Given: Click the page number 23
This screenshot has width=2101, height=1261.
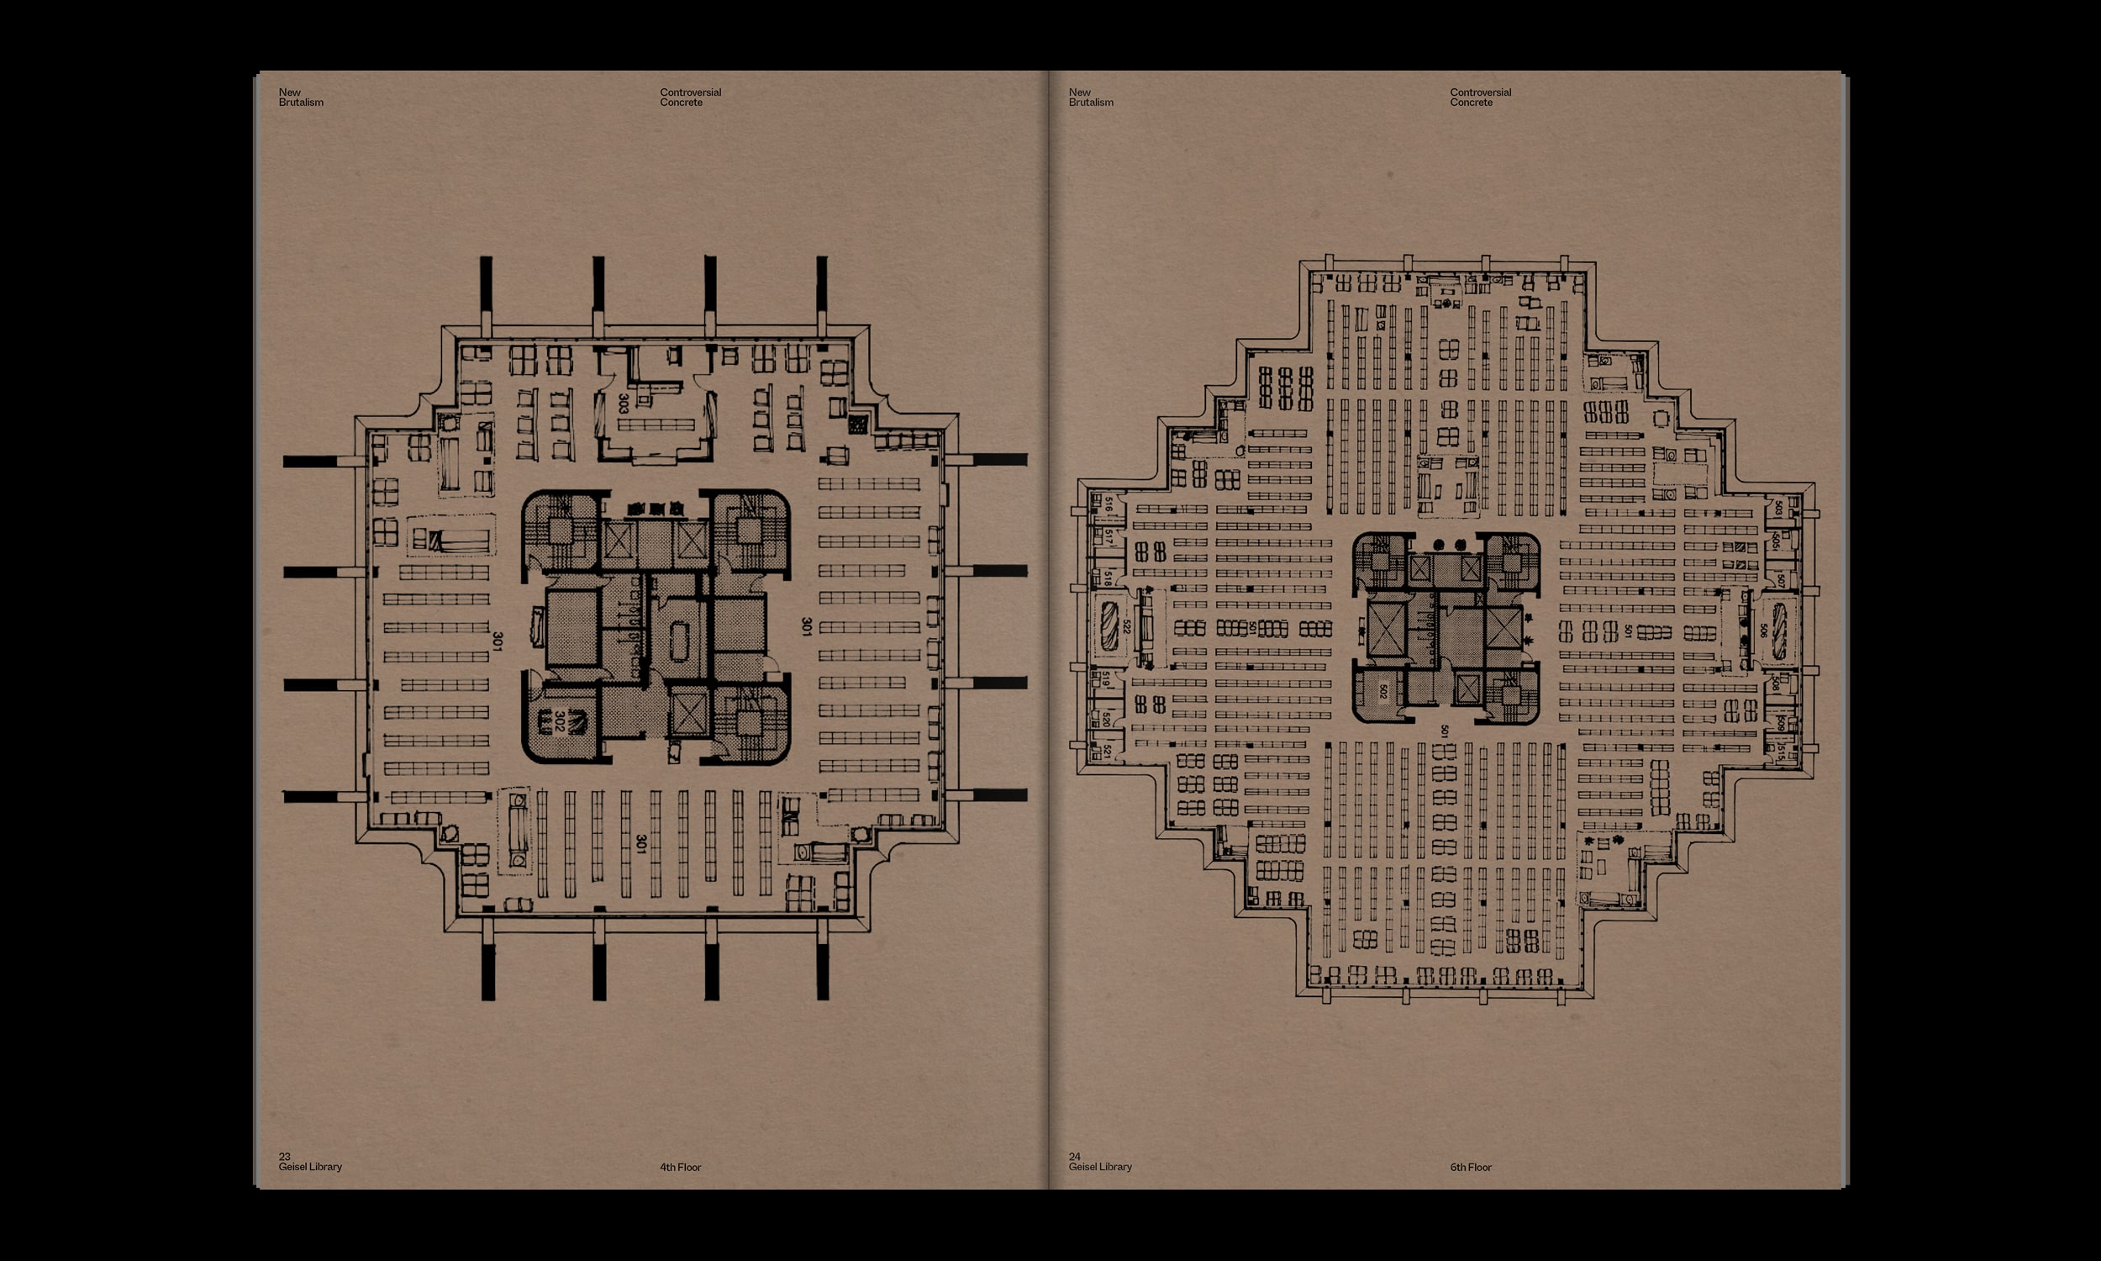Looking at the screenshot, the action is (285, 1157).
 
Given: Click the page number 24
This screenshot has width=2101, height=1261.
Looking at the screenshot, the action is (1074, 1157).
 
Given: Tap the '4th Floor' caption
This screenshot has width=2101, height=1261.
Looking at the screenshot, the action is (680, 1168).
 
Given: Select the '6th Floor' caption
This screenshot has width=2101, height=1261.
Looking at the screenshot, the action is (1471, 1168).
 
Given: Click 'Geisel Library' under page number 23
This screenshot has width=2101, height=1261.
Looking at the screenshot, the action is (310, 1167).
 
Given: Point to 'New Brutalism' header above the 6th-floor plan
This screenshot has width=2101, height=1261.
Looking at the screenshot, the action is (1090, 98).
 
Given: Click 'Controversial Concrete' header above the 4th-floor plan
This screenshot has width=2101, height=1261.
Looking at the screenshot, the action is (691, 98).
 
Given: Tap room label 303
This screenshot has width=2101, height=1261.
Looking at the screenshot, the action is (624, 404).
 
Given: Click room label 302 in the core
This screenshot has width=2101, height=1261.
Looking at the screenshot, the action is (559, 721).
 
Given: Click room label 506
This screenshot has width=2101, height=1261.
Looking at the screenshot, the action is (1763, 630).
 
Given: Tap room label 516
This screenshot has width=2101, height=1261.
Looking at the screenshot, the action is (1109, 504).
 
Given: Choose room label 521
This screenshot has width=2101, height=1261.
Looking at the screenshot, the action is (1107, 752).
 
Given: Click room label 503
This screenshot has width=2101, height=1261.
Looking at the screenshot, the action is (1778, 507).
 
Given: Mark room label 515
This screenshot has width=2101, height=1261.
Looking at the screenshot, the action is (1781, 752).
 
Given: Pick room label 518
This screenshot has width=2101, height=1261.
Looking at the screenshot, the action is (1108, 578).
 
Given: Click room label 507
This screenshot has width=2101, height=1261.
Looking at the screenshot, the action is (1780, 581).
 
